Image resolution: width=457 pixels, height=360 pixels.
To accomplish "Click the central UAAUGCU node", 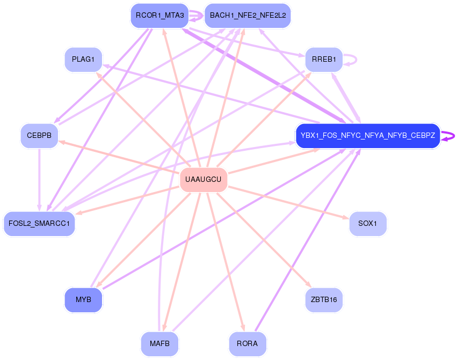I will pos(204,179).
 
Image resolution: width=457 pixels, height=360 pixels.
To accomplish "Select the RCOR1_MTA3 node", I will pos(159,16).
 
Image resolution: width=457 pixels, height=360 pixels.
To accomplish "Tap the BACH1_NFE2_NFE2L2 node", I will pos(248,16).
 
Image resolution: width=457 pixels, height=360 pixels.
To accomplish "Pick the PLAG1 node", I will pos(83,59).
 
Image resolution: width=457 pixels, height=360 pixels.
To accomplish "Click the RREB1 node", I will pos(323,59).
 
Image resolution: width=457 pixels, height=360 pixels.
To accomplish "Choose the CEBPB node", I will pos(39,136).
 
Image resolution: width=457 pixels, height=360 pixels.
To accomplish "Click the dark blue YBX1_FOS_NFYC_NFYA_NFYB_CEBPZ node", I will pos(367,136).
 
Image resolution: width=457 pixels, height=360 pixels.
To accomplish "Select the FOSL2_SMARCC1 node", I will pos(39,223).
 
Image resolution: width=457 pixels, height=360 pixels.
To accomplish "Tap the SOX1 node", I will pos(367,223).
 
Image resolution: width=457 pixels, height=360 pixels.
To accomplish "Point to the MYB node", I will pos(83,299).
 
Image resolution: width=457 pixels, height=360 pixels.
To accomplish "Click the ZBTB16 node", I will pos(323,299).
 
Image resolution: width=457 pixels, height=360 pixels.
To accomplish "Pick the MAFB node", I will pos(159,343).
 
